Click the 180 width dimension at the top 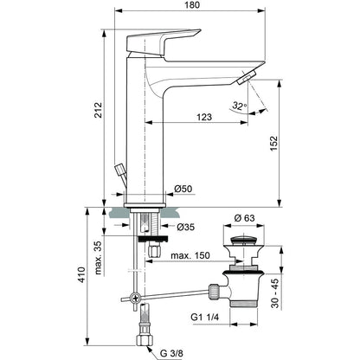191,5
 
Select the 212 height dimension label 99,110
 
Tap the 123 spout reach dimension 204,117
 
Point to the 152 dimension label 273,143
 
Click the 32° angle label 240,106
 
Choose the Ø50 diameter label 183,189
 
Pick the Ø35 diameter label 186,228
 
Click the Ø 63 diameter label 244,218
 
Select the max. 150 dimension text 190,255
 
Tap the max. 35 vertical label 99,258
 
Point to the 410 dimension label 81,275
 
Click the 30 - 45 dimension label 275,293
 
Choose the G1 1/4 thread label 205,318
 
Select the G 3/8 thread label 172,353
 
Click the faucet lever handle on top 164,42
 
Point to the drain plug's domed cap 244,240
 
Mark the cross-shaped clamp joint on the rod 135,298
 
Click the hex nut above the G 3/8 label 144,340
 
